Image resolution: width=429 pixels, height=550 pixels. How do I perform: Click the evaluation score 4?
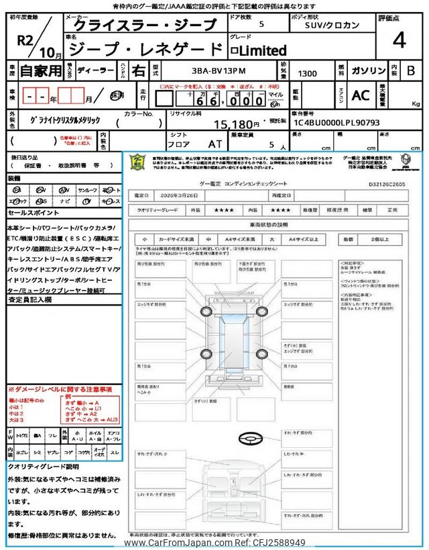tap(400, 40)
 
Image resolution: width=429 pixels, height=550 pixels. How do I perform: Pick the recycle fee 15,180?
tap(235, 124)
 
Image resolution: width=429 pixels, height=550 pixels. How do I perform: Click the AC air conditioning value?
tap(360, 96)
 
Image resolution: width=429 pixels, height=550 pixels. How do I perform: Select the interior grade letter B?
tap(411, 69)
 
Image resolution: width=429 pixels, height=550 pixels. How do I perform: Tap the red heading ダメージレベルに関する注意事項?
tap(60, 389)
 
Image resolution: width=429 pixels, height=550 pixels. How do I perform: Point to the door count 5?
tap(261, 24)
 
